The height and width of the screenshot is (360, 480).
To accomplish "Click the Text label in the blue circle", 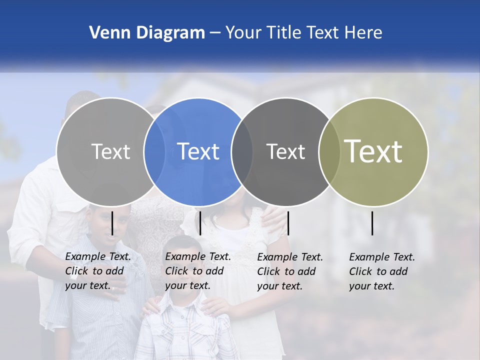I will pyautogui.click(x=198, y=151).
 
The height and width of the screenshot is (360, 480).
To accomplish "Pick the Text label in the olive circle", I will pyautogui.click(x=373, y=151).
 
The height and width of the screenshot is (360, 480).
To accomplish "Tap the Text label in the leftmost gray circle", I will pyautogui.click(x=110, y=151).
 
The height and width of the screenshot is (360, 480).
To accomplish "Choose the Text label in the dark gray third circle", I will pyautogui.click(x=285, y=151).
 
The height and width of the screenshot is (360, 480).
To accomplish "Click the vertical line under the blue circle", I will pyautogui.click(x=200, y=223).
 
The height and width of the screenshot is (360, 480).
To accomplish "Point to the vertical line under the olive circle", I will pyautogui.click(x=372, y=223).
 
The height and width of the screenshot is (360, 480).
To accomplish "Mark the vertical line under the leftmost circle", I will pyautogui.click(x=112, y=223).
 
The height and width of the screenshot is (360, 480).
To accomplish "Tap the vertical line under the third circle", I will pyautogui.click(x=288, y=223).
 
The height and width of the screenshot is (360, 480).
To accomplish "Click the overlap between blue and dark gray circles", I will pyautogui.click(x=242, y=152).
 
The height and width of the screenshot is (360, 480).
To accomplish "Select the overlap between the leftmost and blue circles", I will pyautogui.click(x=154, y=152).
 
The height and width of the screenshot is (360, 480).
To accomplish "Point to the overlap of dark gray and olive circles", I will pyautogui.click(x=329, y=152).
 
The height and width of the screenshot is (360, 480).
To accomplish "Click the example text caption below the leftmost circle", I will pyautogui.click(x=97, y=271).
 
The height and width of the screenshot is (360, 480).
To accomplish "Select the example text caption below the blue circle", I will pyautogui.click(x=197, y=271).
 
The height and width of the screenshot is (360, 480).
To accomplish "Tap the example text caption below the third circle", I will pyautogui.click(x=289, y=271).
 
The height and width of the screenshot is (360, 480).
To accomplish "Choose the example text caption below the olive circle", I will pyautogui.click(x=381, y=271).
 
